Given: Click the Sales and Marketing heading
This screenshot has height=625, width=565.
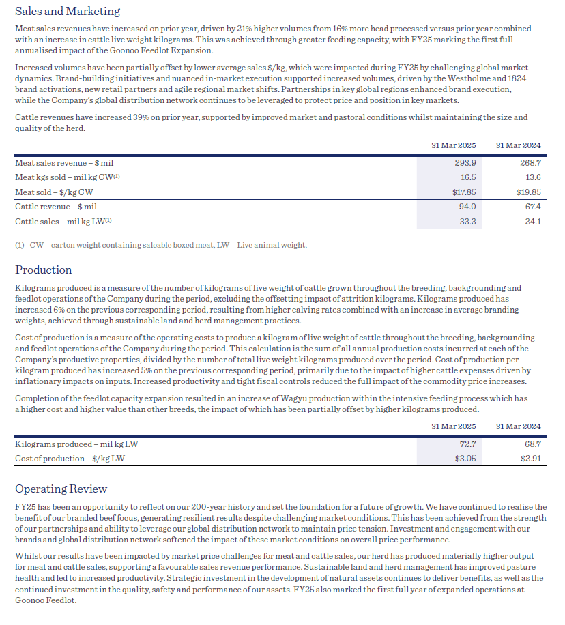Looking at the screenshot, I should point(68,11).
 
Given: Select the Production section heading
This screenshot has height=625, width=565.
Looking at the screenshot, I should point(44,270).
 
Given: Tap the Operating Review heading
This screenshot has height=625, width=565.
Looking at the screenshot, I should point(61,489).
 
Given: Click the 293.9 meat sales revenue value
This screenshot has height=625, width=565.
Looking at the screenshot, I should point(465,163).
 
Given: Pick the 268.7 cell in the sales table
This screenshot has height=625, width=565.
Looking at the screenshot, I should point(530,163).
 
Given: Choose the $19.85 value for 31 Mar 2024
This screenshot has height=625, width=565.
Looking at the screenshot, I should point(529,192).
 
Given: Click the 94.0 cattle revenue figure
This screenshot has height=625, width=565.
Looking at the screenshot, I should point(467,206).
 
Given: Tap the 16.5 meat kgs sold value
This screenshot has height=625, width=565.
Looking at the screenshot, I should point(467,177).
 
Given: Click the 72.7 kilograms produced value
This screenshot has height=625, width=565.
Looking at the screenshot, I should point(467,444).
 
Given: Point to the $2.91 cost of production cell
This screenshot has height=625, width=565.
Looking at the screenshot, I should point(530,459).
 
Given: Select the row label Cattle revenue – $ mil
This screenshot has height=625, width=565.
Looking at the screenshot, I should point(56,206).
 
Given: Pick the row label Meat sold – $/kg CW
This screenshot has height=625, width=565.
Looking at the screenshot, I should point(54,192).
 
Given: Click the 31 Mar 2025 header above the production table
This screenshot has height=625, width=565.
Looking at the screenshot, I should point(454,426).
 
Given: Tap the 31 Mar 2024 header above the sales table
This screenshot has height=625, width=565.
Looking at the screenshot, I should point(518,145).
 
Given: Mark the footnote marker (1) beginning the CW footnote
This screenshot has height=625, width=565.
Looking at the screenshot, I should point(20,245).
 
